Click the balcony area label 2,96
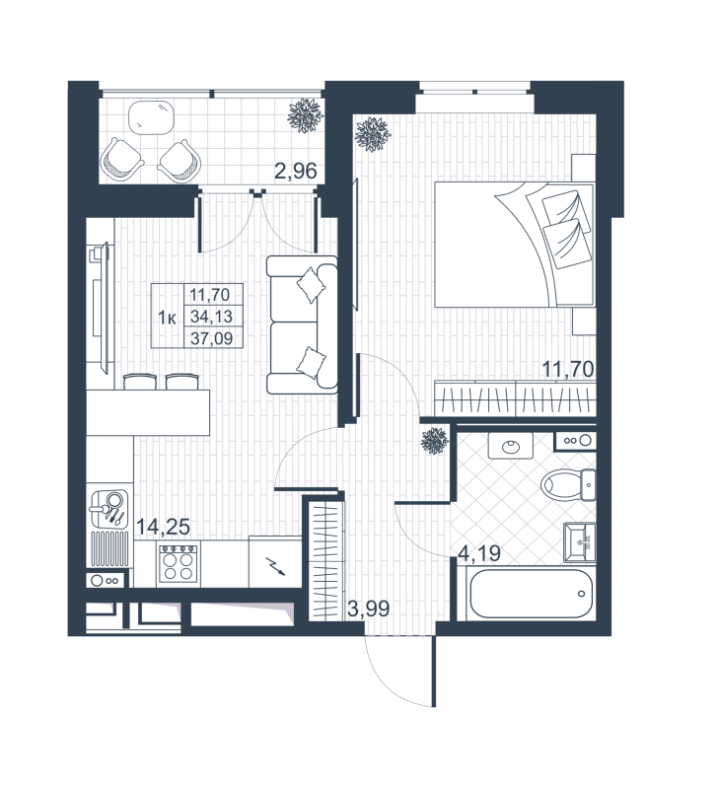(x=295, y=170)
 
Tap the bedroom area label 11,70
(x=567, y=371)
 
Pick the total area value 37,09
(x=215, y=337)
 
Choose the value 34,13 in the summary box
(x=215, y=316)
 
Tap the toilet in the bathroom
(x=564, y=484)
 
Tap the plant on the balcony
(x=304, y=116)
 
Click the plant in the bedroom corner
(x=373, y=134)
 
